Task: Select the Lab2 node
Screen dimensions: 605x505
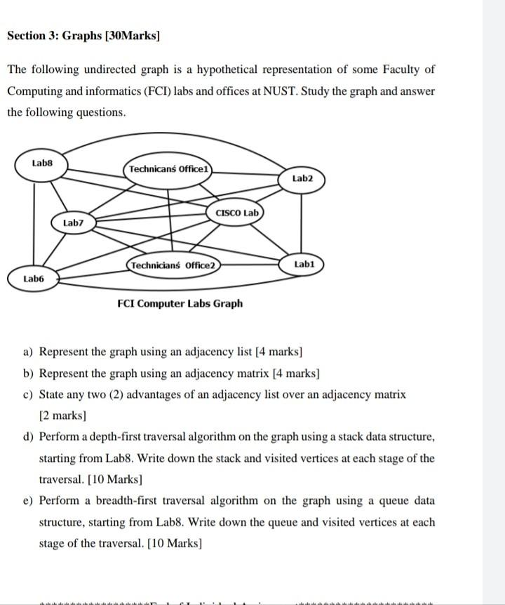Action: [302, 179]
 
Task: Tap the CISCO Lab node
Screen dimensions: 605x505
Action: [237, 213]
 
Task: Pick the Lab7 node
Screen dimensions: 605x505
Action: [73, 222]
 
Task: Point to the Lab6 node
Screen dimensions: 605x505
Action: [33, 279]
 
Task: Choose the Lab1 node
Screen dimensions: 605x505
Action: [304, 265]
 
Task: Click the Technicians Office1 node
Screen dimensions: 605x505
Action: [169, 169]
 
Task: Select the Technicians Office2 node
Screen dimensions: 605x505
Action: [173, 265]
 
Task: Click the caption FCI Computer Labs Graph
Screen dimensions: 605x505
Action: [180, 303]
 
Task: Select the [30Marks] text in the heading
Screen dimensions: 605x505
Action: [132, 36]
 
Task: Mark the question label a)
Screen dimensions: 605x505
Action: [28, 351]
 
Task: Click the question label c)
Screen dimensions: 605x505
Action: [28, 394]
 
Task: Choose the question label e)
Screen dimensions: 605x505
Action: [28, 501]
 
